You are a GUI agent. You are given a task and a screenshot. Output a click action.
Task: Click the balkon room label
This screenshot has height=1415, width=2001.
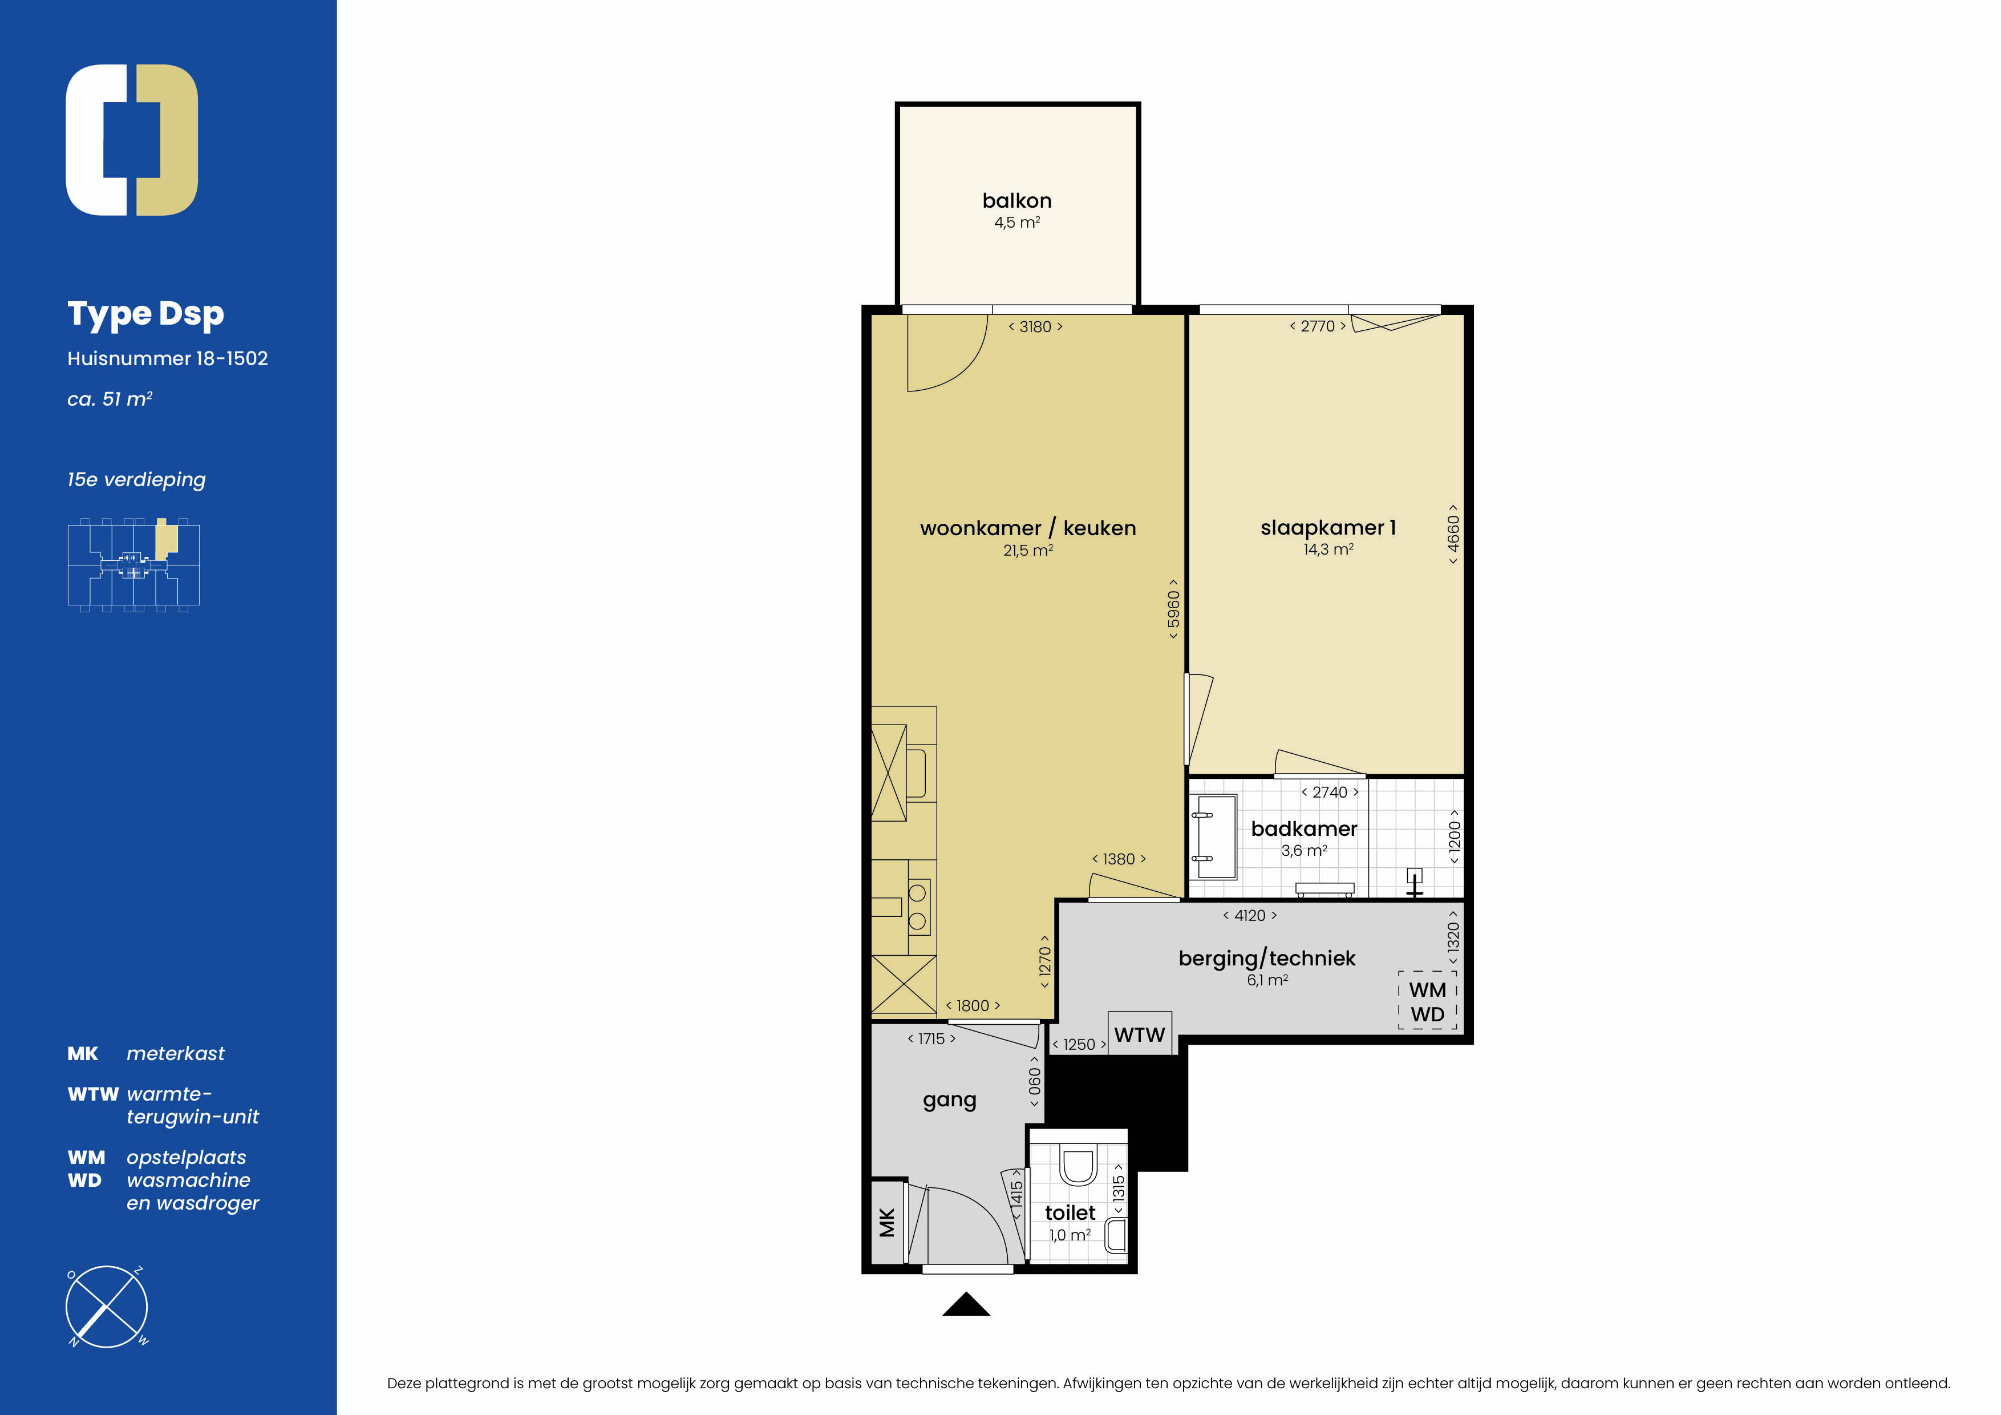coord(1016,200)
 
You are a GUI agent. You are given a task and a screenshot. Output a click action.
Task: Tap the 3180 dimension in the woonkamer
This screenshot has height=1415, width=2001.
coord(1035,327)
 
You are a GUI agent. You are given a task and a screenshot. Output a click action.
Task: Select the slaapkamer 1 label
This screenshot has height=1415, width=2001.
coord(1328,527)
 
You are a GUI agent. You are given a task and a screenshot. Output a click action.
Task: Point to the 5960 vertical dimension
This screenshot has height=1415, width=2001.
coord(1174,609)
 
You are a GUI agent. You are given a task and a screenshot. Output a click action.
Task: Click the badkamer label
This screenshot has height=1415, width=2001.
coord(1304,828)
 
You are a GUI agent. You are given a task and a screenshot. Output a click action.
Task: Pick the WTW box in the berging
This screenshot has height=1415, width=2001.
coord(1140,1034)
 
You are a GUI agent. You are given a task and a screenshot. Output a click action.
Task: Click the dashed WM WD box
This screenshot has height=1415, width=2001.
coord(1428,1001)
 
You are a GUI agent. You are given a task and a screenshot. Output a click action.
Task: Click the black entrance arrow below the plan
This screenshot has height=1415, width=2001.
coord(966,1304)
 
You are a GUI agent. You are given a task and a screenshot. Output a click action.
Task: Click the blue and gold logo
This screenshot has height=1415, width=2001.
coord(132,139)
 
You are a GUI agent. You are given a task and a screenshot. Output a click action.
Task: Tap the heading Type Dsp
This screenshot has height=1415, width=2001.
coord(145,314)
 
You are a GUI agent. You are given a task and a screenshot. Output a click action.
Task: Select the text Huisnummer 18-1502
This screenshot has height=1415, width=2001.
coord(167,358)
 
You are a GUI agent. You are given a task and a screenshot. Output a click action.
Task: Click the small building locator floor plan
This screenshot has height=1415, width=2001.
coord(133,565)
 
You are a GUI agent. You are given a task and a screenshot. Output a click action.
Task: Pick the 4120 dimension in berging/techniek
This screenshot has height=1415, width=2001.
coord(1250,915)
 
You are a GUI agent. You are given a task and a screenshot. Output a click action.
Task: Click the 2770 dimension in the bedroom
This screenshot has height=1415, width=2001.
coord(1318,326)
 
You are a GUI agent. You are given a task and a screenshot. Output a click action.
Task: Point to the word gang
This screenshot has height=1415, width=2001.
coord(949,1100)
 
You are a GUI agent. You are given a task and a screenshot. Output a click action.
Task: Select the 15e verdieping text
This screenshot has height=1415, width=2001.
coord(137,479)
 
